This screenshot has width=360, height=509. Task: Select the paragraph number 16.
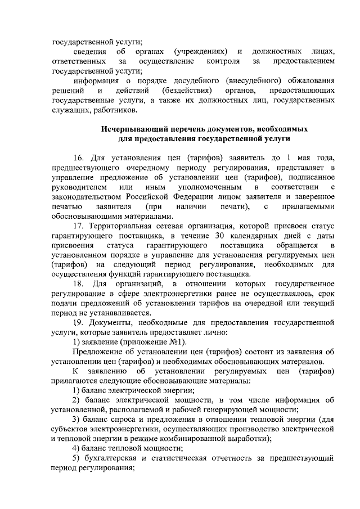79,157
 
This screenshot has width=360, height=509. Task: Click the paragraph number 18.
79,285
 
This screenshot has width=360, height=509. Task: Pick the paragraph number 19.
79,323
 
